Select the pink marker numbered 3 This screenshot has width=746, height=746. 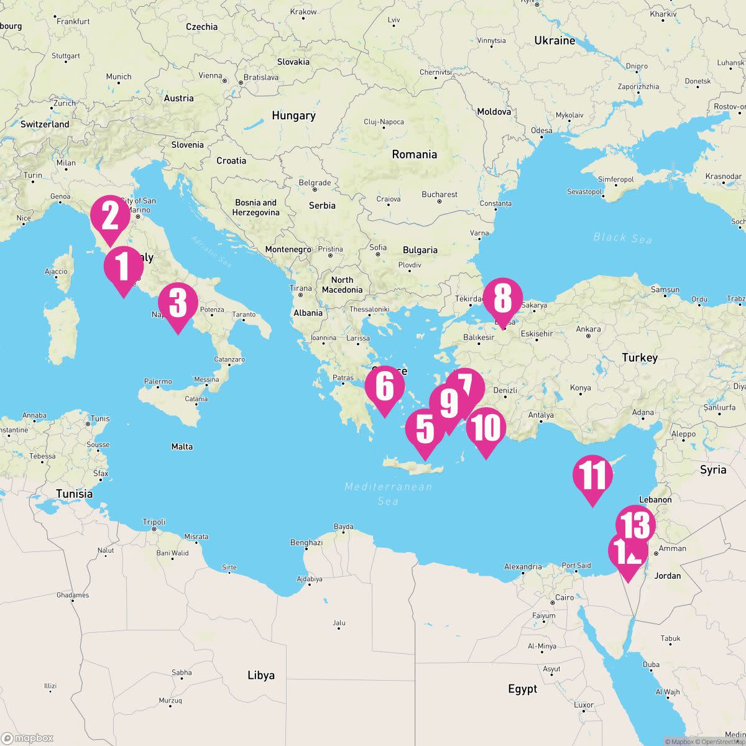click(x=178, y=304)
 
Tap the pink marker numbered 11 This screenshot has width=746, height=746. click(x=592, y=476)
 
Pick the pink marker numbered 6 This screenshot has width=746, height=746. click(x=385, y=387)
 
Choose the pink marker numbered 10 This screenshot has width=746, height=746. click(x=486, y=428)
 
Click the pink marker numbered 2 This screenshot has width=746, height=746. click(x=110, y=216)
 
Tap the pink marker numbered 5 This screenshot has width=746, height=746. click(x=425, y=429)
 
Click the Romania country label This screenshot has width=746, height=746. click(x=414, y=154)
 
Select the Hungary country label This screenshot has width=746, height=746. click(x=293, y=116)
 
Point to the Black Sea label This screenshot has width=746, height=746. click(x=622, y=237)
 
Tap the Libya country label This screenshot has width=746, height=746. click(x=261, y=675)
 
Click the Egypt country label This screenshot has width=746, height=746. click(x=522, y=689)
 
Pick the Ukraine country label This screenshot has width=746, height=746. click(x=555, y=40)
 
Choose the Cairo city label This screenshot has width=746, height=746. click(x=564, y=597)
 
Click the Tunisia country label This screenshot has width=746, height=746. click(x=74, y=494)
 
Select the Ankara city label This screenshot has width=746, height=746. click(x=588, y=329)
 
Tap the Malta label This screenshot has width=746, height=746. click(x=182, y=446)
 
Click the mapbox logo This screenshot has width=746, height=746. click(x=28, y=738)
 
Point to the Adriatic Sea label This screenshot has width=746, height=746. click(x=211, y=252)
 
